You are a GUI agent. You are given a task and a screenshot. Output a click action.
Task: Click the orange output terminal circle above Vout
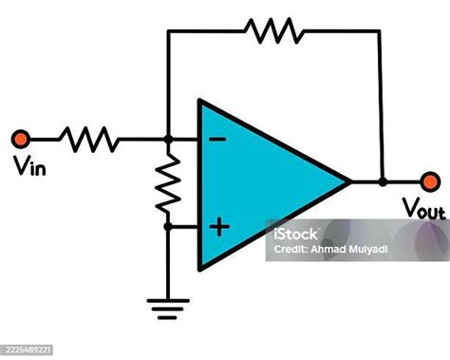tap(430, 180)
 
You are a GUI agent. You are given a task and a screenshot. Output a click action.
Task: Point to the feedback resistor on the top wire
tap(274, 30)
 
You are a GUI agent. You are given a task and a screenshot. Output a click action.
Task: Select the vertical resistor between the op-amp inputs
tap(168, 183)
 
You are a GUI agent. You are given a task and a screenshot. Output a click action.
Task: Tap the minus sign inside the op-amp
tap(217, 140)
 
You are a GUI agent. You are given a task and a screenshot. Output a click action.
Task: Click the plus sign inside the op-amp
tap(219, 226)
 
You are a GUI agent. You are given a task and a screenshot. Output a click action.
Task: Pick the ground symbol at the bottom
tap(168, 306)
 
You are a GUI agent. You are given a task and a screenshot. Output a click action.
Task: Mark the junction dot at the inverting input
tap(168, 140)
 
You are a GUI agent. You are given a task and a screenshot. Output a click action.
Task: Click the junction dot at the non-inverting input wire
tap(168, 226)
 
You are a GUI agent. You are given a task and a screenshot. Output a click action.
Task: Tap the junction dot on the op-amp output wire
tap(382, 180)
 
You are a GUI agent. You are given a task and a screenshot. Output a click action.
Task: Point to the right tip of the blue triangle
tap(350, 180)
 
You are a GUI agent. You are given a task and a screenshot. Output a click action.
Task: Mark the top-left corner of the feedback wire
tap(168, 30)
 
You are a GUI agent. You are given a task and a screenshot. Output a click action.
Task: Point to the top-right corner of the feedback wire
tap(382, 30)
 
